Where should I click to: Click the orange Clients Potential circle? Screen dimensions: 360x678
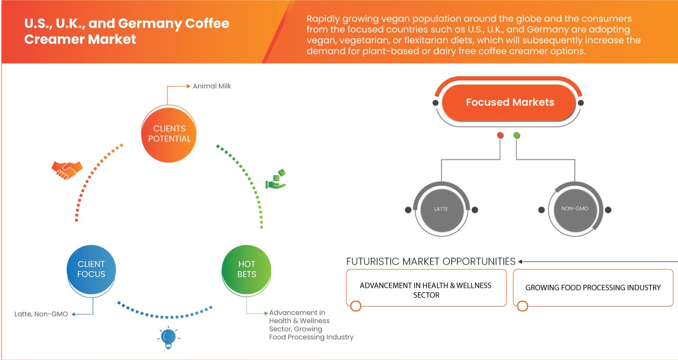tap(169, 133)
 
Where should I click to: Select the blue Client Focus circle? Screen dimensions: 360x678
tap(91, 269)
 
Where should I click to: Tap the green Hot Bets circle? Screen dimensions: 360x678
tap(246, 269)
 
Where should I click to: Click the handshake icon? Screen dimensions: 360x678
tap(67, 169)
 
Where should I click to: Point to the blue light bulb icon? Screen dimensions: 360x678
tap(168, 337)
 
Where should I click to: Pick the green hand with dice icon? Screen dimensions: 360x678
tap(276, 179)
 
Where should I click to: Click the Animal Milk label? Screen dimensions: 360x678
tap(212, 86)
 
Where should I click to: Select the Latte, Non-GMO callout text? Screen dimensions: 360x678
tap(41, 314)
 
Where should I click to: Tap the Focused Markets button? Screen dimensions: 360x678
tap(510, 102)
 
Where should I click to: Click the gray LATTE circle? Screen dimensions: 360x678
tap(441, 209)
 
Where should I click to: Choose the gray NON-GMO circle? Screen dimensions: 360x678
tap(575, 209)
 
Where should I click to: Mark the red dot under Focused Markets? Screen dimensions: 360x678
tap(500, 136)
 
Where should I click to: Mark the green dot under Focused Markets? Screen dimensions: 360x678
tap(516, 136)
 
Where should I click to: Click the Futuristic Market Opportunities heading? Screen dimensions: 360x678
tap(431, 261)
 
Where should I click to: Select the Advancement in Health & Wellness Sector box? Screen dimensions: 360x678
tap(426, 289)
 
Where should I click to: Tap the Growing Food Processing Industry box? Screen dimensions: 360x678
tap(593, 287)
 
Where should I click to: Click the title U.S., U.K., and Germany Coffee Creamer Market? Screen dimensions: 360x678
tap(127, 31)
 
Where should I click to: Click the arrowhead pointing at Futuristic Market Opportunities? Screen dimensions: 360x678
tap(521, 262)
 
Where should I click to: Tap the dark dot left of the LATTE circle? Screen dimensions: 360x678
tap(408, 210)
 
